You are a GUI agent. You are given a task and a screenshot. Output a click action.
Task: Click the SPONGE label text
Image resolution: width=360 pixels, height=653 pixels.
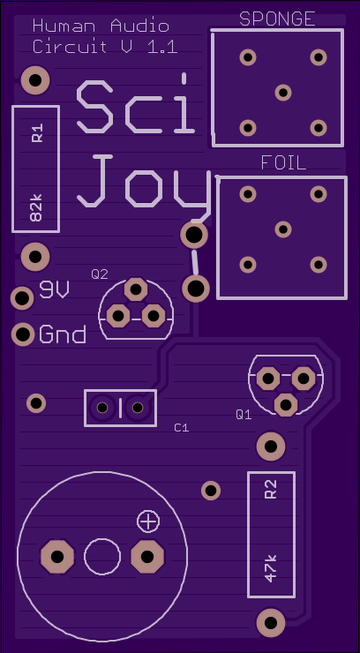(x=277, y=19)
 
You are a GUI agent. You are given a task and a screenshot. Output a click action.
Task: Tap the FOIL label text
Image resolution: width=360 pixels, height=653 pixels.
(x=283, y=163)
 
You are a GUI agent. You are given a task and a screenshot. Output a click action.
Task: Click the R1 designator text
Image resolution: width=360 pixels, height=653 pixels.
(x=37, y=133)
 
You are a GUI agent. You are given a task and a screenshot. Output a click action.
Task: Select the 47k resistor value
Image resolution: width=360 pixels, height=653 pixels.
(x=271, y=569)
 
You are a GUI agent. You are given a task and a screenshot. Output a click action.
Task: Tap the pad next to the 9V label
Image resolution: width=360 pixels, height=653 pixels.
(x=22, y=297)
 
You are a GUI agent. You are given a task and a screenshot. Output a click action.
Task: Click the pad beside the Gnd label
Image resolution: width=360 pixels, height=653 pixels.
(x=23, y=334)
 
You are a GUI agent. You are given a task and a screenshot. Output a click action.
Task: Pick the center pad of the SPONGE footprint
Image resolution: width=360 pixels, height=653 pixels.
(x=283, y=93)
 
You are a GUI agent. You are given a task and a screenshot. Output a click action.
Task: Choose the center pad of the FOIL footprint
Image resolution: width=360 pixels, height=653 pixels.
(x=283, y=229)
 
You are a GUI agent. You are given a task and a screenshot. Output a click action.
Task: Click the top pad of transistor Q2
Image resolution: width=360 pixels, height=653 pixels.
(x=136, y=289)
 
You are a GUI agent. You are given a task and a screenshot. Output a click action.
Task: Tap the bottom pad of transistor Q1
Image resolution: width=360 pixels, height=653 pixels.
(x=286, y=404)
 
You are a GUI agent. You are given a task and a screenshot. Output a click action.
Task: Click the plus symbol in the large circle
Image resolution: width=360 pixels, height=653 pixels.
(x=148, y=521)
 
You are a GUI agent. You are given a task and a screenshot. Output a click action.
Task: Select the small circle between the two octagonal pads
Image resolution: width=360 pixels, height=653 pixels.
(x=102, y=557)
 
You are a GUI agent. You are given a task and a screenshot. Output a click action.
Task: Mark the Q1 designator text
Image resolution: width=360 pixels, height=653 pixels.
(x=244, y=415)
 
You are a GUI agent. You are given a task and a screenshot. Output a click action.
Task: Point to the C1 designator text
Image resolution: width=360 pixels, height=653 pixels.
(x=182, y=428)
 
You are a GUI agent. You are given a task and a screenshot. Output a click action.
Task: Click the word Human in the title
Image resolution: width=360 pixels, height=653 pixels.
(x=64, y=26)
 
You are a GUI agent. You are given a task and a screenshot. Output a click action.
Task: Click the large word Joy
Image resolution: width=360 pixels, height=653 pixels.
(x=144, y=182)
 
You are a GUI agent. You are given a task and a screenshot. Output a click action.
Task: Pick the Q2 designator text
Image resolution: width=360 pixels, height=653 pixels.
(x=100, y=274)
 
